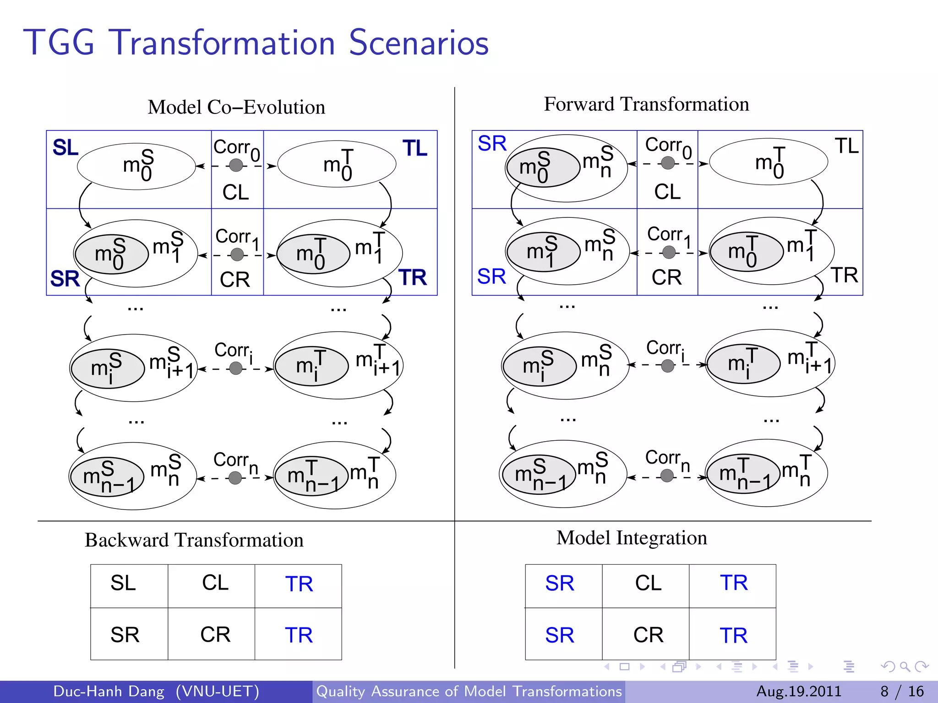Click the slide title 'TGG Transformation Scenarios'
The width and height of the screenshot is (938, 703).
256,43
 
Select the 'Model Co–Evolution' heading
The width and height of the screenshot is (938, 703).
236,107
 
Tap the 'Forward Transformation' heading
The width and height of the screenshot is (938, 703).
646,104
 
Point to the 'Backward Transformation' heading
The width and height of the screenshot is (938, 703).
194,540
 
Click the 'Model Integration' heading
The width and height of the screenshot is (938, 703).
632,538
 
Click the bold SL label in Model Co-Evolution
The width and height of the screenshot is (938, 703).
65,148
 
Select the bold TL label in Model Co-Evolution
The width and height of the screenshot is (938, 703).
415,148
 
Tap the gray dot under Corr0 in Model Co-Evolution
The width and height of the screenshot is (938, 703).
236,165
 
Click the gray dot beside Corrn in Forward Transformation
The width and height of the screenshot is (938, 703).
667,476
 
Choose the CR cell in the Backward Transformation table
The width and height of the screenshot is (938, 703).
215,635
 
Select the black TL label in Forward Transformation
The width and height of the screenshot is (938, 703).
846,146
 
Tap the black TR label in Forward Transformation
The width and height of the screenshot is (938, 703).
844,275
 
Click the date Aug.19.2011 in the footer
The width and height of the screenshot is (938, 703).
799,691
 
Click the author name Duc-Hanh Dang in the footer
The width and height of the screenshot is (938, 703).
109,691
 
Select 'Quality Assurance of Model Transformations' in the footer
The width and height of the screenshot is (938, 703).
469,691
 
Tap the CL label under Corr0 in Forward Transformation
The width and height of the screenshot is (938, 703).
667,192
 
